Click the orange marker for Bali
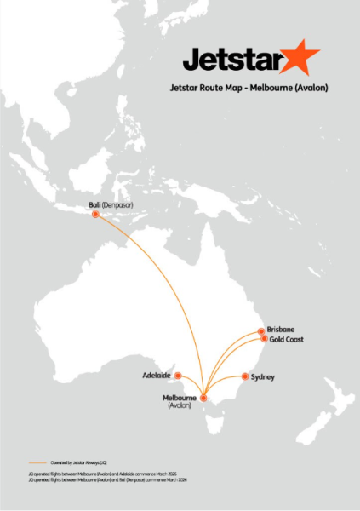click(x=94, y=215)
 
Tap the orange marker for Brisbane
click(x=260, y=331)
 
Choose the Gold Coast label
click(x=286, y=339)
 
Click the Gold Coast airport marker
click(x=263, y=339)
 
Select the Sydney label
click(x=264, y=376)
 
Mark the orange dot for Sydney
click(x=245, y=376)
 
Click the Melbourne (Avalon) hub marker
click(x=203, y=398)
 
